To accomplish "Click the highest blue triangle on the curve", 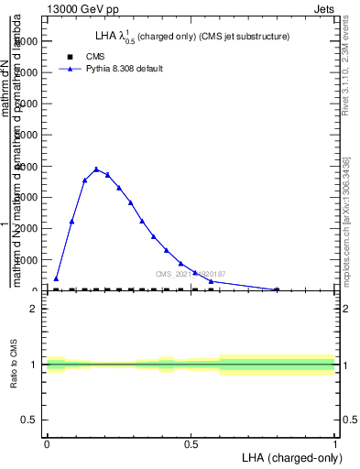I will point(96,169).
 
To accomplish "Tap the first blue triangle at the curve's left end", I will point(56,278).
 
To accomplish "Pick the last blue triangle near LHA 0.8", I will point(277,289).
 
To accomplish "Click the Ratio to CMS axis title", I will point(14,365).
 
